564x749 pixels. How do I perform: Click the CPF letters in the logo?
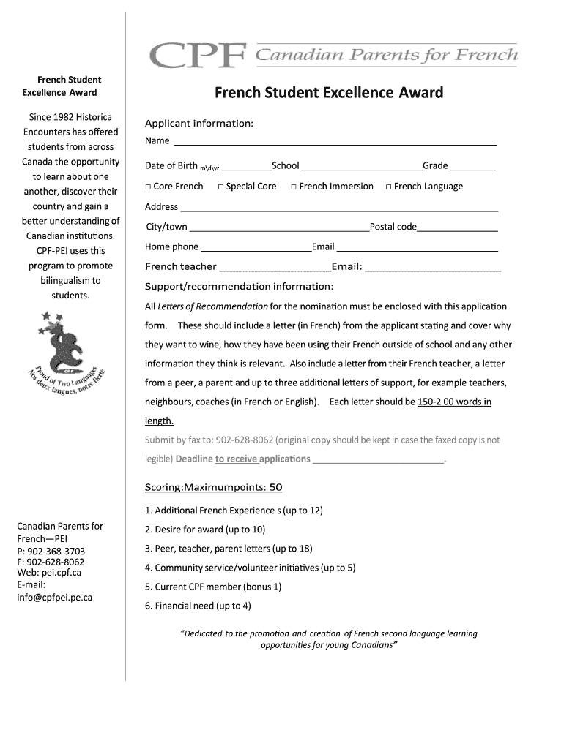[198, 55]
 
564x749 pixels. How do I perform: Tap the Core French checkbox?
[148, 187]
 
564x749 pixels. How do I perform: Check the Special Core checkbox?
[220, 187]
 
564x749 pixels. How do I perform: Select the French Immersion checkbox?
[294, 187]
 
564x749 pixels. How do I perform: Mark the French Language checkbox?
[389, 187]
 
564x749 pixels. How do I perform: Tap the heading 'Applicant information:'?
[199, 123]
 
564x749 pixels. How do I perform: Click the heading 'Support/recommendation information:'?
[239, 286]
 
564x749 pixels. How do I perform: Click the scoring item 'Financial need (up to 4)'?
[198, 606]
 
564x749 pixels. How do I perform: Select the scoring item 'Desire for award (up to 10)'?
[205, 530]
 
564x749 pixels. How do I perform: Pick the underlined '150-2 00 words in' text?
[454, 402]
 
